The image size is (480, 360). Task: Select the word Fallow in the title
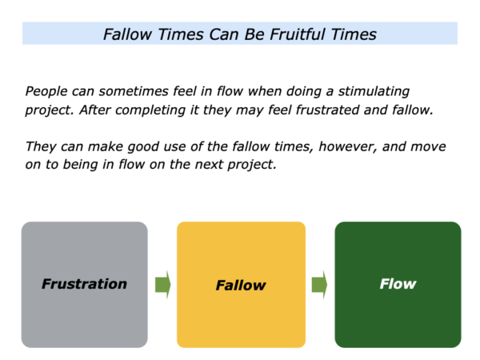click(127, 34)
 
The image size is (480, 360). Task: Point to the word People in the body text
click(46, 91)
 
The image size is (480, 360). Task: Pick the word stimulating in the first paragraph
click(374, 91)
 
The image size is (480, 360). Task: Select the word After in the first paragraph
click(94, 110)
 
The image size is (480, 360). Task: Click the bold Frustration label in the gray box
click(84, 284)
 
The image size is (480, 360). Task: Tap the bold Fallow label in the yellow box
click(241, 286)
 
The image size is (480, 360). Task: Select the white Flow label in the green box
click(398, 284)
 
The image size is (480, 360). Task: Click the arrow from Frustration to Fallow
click(163, 285)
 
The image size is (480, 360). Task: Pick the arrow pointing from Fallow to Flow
click(319, 285)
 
